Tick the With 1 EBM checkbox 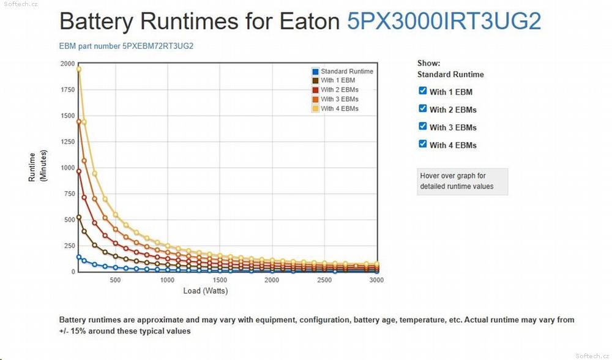pos(422,91)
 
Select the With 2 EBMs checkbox pos(422,108)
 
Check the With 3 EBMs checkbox pos(422,126)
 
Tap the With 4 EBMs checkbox pos(422,144)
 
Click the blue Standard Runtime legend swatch pos(315,72)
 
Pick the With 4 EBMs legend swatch pos(315,109)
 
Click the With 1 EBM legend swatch pos(315,81)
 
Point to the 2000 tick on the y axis pos(67,64)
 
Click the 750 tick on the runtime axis pos(69,193)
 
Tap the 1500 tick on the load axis pos(220,280)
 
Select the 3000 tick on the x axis pos(376,280)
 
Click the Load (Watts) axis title pos(205,291)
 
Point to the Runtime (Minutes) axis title pos(37,167)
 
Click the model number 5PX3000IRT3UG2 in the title pos(444,21)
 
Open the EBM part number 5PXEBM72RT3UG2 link pos(127,46)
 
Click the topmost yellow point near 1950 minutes pos(78,69)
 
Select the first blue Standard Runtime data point pos(78,257)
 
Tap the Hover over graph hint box pos(463,181)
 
